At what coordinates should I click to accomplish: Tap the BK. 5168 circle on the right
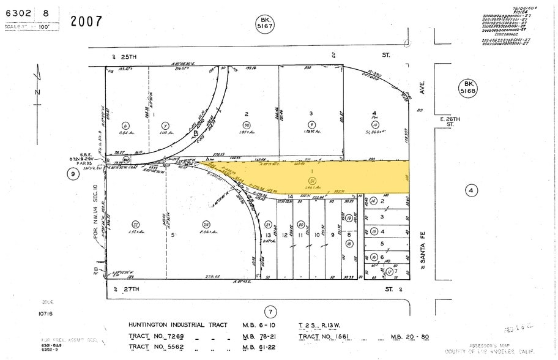click(469, 88)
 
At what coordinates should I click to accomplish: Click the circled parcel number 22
click(135, 224)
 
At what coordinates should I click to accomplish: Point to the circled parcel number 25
click(206, 224)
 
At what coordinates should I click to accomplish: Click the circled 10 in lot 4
click(375, 125)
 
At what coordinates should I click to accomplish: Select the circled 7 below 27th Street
click(271, 311)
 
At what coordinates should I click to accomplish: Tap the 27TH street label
click(127, 288)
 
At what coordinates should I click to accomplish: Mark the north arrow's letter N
click(37, 92)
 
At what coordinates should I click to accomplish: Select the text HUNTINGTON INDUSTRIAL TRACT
click(177, 325)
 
